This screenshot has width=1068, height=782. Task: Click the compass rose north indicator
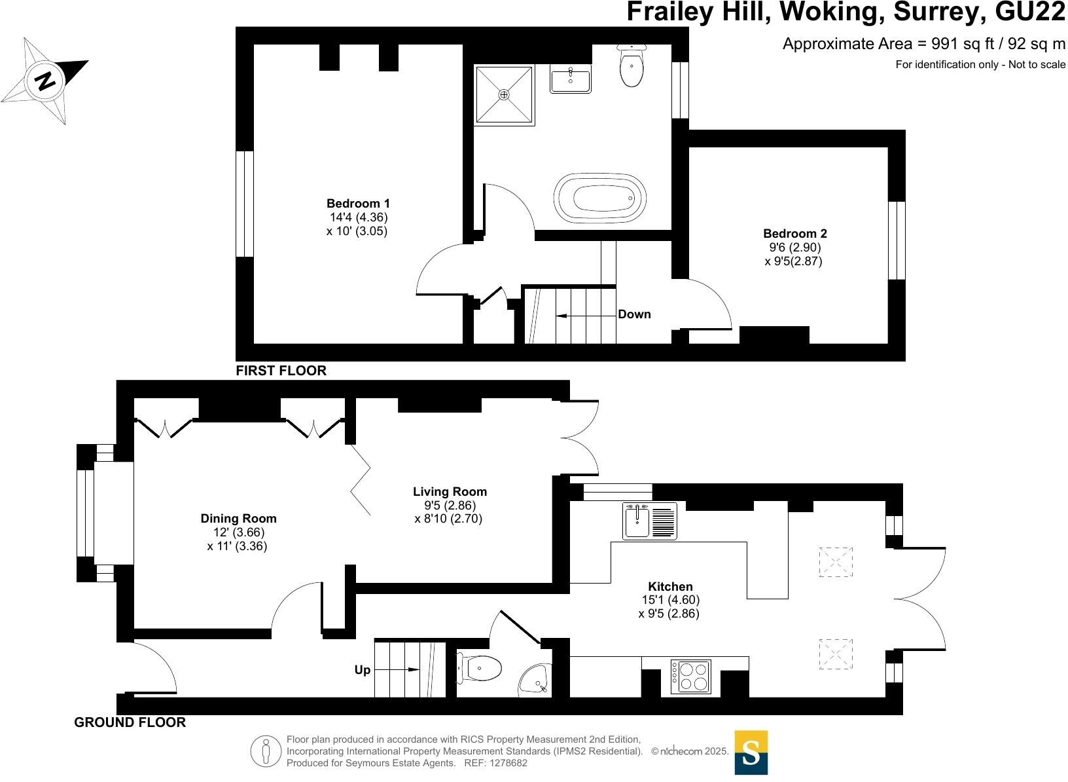click(45, 82)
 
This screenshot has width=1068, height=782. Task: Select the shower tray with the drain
click(503, 94)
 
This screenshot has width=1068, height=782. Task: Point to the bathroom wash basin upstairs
click(570, 80)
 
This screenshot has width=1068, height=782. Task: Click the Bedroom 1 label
click(358, 203)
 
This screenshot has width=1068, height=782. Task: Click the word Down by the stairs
click(634, 314)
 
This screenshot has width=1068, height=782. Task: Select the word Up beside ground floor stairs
click(362, 670)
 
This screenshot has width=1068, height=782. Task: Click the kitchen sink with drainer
click(650, 521)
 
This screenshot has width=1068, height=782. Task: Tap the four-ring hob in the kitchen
click(690, 677)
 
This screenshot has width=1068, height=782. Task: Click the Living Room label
click(450, 491)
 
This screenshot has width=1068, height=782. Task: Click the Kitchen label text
click(670, 586)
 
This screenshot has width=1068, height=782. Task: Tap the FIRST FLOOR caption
click(281, 371)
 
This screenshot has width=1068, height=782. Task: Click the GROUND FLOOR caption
click(130, 722)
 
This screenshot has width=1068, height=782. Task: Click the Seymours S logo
click(751, 753)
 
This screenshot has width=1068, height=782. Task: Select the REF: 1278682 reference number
click(495, 763)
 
